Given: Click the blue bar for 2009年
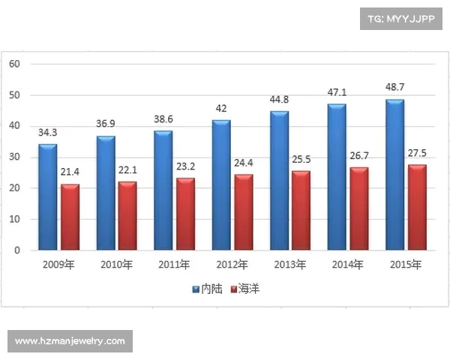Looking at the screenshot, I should [x=48, y=196].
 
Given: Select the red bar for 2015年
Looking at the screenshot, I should [x=417, y=208].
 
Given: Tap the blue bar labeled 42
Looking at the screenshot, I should [x=221, y=184].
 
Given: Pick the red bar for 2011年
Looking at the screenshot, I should [x=185, y=214].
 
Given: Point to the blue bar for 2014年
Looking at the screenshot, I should [x=337, y=177].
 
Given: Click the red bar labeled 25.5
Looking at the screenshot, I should [x=301, y=211].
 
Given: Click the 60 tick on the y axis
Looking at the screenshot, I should [x=14, y=64].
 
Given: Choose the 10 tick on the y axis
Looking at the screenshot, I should [x=14, y=220].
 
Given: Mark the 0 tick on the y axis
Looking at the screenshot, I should [x=16, y=250].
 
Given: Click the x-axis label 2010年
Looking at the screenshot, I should [x=116, y=264].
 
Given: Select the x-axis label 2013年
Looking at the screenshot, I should [x=290, y=264].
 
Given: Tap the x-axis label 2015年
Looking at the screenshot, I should [x=406, y=264].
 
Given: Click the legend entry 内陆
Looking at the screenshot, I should [x=205, y=288].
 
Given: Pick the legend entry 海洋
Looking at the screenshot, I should [x=245, y=288].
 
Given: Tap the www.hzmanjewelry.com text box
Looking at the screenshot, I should [x=70, y=341].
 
